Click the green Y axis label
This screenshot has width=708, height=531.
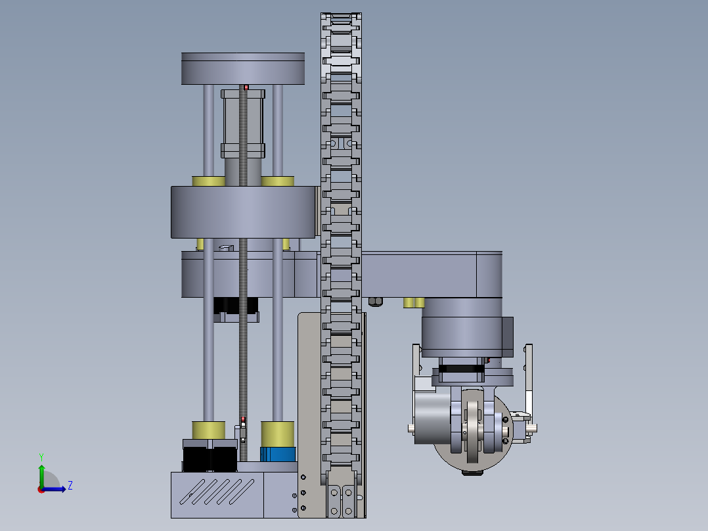coord(41,457)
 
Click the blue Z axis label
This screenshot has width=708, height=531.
coord(70,486)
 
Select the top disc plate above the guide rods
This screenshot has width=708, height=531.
coord(243,69)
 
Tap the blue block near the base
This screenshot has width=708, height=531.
coord(278,454)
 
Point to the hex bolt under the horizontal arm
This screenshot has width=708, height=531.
coord(376,302)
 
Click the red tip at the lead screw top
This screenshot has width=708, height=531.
coord(246,87)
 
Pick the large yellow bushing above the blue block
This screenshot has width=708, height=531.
coord(278,434)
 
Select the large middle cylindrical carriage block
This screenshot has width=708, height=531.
coord(243,212)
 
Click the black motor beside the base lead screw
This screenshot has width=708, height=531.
coord(210,455)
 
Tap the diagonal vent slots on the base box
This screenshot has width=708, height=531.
coord(217,492)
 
